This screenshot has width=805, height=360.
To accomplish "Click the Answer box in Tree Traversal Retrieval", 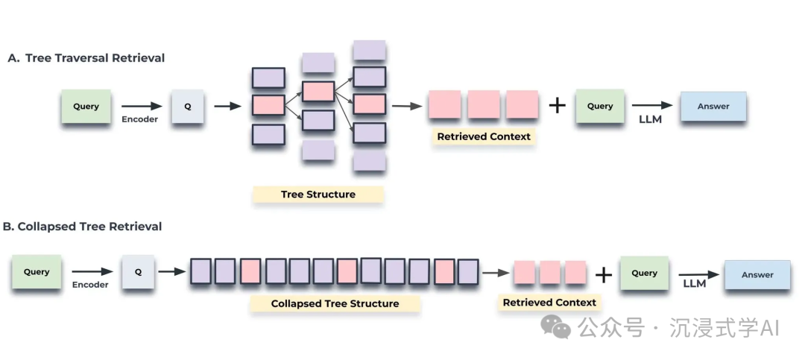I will (713, 107).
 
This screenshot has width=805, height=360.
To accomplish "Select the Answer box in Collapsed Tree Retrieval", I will (757, 274).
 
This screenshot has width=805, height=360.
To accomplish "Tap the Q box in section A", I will (188, 107).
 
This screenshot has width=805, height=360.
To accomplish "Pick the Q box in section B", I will (138, 272).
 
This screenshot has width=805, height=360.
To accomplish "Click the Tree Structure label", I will (318, 195).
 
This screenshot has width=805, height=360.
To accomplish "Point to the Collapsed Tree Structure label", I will (335, 303).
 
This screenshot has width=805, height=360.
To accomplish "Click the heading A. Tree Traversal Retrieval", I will (86, 57).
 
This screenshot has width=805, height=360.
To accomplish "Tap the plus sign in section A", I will (557, 106).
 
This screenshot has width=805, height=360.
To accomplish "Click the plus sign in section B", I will (603, 274).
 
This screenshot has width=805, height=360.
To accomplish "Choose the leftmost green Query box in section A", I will (86, 107).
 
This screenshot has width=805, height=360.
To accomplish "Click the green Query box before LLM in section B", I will (644, 273).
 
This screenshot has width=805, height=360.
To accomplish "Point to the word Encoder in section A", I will (140, 119).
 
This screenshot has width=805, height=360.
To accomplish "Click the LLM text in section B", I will (695, 284).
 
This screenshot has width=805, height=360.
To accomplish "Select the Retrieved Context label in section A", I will (484, 136).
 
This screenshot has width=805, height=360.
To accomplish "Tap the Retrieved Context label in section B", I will (549, 302).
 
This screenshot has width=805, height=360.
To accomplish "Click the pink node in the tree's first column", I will (268, 106).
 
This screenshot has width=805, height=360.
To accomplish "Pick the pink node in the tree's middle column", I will (318, 92).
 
